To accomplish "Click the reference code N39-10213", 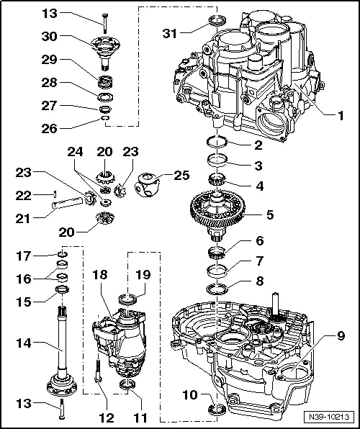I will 331,417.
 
